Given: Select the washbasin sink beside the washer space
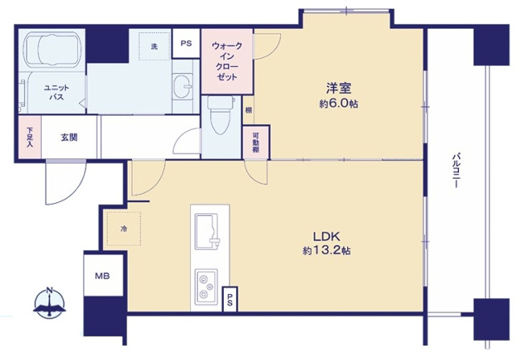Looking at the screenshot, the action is coord(183,86).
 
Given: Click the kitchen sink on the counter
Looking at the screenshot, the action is coord(207,231).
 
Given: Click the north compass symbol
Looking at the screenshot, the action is coord(50,302).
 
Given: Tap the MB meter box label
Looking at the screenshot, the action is coord(102,276).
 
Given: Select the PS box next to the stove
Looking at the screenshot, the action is coord(230,300).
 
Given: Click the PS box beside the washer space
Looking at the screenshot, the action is coord(186,43).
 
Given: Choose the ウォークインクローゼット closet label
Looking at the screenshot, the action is coord(227,61).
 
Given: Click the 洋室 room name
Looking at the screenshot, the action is coord(338,89).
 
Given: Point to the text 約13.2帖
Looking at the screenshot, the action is coord(326,250).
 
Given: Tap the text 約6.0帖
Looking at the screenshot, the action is coord(338,104).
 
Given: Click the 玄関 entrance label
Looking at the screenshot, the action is coord(69,137).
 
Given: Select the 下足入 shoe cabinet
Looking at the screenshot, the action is coord(30,137).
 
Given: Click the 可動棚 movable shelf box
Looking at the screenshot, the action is coord(256,143).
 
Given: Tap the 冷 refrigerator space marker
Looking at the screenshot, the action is coord(124,229).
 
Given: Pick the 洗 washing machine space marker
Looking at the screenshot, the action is coord(155,46).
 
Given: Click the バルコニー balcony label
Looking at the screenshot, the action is coord(456,170).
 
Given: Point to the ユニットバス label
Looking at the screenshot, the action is coord(56,93).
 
